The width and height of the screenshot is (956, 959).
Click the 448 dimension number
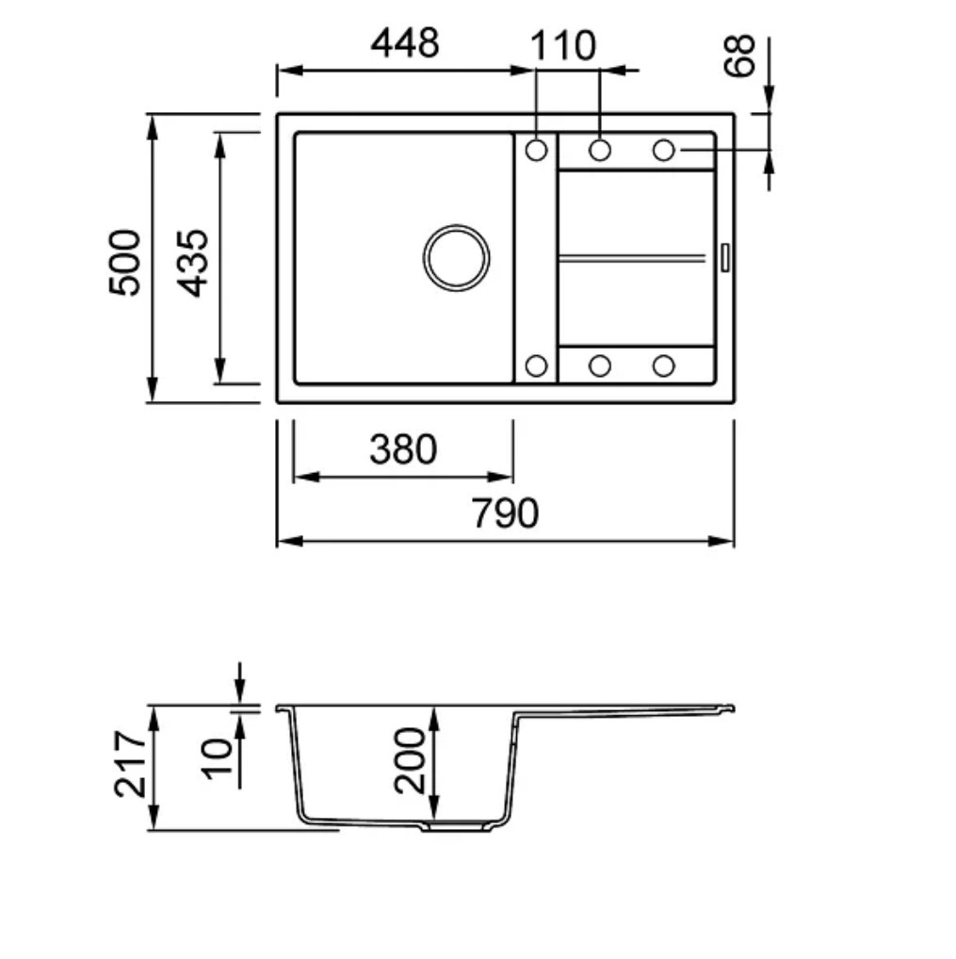pyautogui.click(x=405, y=42)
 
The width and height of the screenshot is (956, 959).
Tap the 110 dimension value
pyautogui.click(x=562, y=45)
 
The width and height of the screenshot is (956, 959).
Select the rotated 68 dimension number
pyautogui.click(x=738, y=57)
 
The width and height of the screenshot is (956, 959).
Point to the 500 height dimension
pyautogui.click(x=124, y=263)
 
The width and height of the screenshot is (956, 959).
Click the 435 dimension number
pyautogui.click(x=193, y=263)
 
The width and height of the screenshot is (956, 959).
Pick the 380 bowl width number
pyautogui.click(x=403, y=449)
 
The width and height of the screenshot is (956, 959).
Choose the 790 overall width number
pyautogui.click(x=505, y=512)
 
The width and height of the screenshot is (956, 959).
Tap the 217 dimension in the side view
pyautogui.click(x=130, y=764)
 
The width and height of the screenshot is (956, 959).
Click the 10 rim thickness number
pyautogui.click(x=218, y=758)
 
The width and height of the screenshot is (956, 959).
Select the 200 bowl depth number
pyautogui.click(x=409, y=761)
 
